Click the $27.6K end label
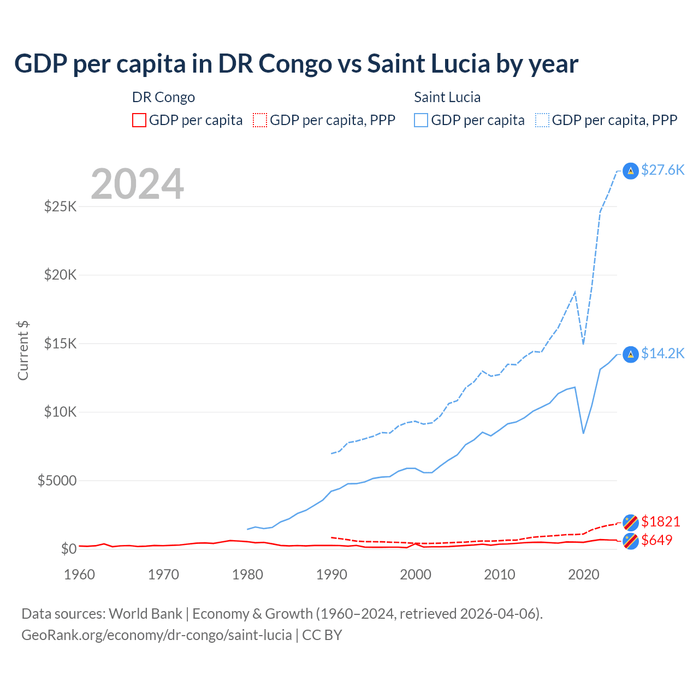[x=662, y=170]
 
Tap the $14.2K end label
[x=662, y=353]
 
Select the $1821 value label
[x=660, y=522]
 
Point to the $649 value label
[x=656, y=540]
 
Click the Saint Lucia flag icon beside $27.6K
[x=631, y=171]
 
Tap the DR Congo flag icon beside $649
[x=631, y=541]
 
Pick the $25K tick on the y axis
[x=60, y=206]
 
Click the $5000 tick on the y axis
[x=57, y=481]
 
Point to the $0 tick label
[x=68, y=549]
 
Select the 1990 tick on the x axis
[x=331, y=574]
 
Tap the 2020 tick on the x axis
[x=584, y=574]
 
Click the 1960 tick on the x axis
[x=80, y=574]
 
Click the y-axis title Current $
[x=23, y=351]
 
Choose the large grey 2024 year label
[x=137, y=184]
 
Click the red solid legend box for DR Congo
[x=139, y=120]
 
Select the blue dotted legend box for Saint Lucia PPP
[x=542, y=120]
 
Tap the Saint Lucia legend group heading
[x=447, y=97]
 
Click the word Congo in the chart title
[x=294, y=63]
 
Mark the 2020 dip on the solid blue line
[x=583, y=433]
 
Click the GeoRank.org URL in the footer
[x=156, y=635]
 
